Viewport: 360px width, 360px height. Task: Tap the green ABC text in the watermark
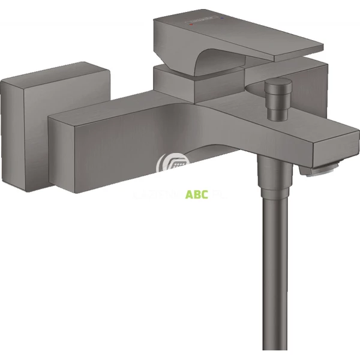197,194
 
